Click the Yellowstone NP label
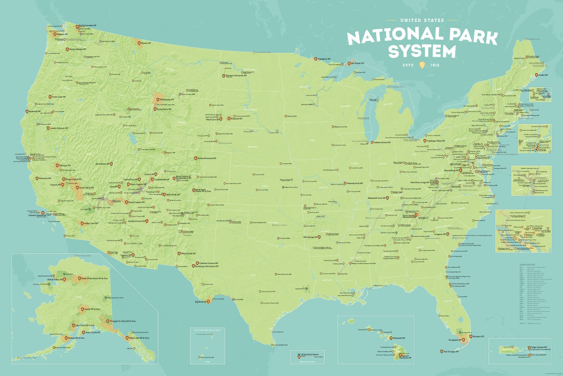[x=167, y=99]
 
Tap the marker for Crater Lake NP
[x=50, y=97]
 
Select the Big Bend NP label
[x=200, y=302]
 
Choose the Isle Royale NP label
[x=358, y=63]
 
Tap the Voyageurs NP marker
[x=316, y=59]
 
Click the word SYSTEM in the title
[x=422, y=51]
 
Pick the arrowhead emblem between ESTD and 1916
[x=422, y=65]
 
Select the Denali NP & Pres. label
[x=93, y=309]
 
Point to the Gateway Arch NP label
[x=355, y=183]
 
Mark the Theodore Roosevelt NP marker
[x=223, y=76]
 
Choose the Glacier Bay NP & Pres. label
[x=139, y=338]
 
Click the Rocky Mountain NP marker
[x=195, y=158]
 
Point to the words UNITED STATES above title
[x=422, y=20]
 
